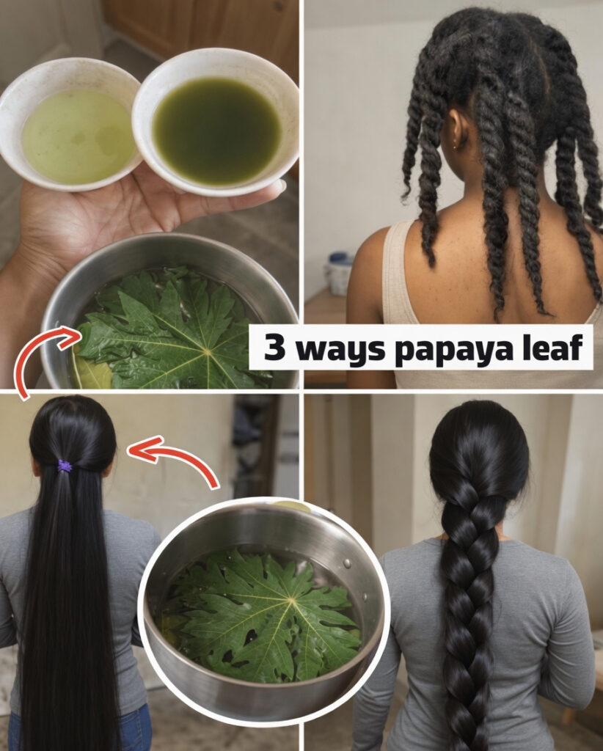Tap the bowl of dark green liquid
[216, 122]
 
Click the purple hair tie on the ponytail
[65, 466]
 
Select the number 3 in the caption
[274, 347]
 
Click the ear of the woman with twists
[455, 134]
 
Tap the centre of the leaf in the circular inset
[290, 600]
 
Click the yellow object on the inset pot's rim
[291, 505]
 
